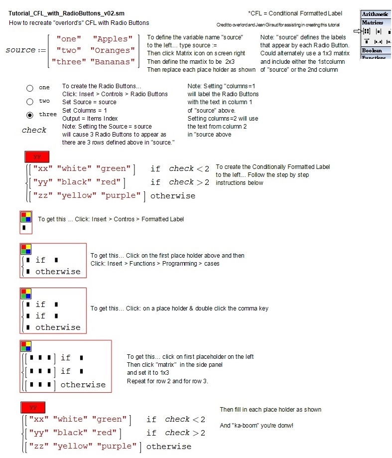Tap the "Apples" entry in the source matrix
[113, 39]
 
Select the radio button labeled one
[30, 88]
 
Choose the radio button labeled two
[30, 102]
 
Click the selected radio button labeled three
[30, 115]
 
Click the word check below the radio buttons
[34, 130]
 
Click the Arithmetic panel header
[376, 14]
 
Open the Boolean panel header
[372, 50]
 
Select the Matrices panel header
[373, 22]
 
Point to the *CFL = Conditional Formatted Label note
[295, 13]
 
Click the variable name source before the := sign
[20, 50]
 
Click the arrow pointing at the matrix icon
[357, 31]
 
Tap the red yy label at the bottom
[33, 407]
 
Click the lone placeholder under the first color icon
[24, 228]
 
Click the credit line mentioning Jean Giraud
[278, 25]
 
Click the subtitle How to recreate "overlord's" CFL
[79, 23]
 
